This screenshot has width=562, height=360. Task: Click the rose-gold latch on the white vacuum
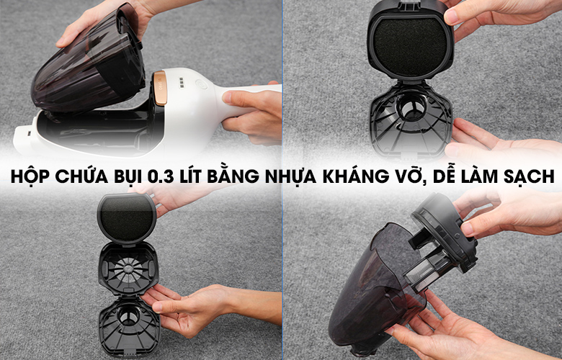(x=160, y=88)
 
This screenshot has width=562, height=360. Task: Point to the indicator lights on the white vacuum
(x=182, y=83)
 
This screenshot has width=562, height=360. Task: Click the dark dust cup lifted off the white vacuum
(x=89, y=61)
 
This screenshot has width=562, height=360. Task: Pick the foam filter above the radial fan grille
(x=127, y=219)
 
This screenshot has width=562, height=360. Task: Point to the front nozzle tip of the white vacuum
(x=22, y=138)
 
